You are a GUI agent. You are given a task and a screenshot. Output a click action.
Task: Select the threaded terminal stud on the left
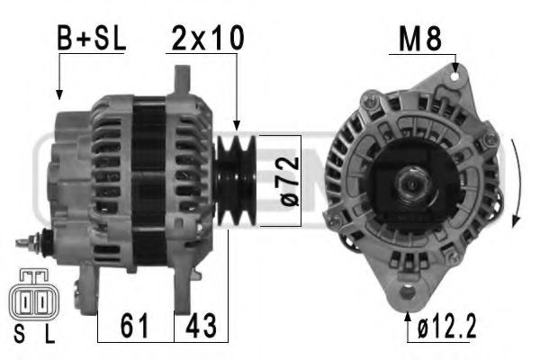tap(33, 243)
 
